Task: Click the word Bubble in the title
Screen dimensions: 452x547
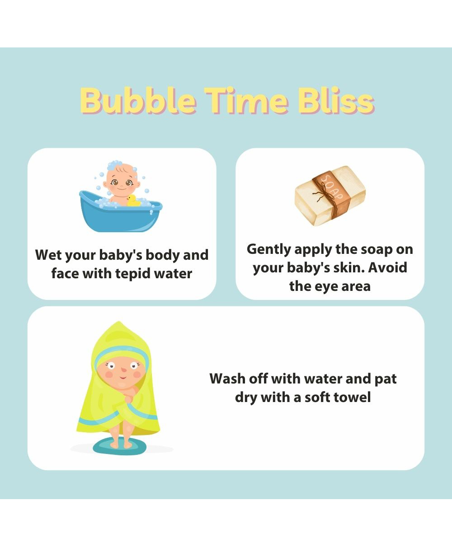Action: (138, 101)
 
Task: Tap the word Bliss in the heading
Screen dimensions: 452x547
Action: (336, 101)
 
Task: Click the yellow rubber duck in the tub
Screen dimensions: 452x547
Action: (133, 201)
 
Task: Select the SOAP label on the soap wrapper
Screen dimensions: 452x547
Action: (332, 187)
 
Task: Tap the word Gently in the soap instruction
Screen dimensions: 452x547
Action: (269, 250)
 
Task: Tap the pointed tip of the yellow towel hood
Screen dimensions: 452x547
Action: (118, 322)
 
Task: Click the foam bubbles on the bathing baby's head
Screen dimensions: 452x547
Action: (114, 165)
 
